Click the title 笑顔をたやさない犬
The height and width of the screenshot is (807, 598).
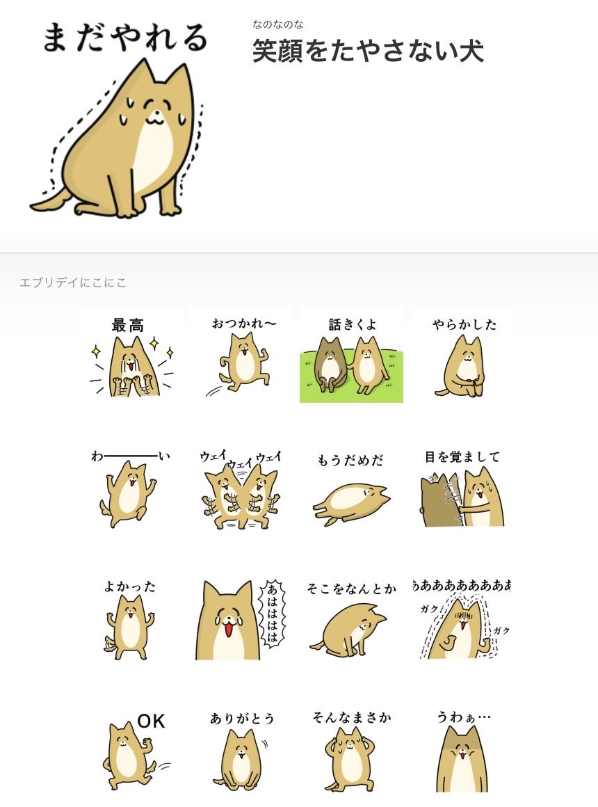[x=367, y=51]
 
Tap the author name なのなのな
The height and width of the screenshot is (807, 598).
[x=277, y=25]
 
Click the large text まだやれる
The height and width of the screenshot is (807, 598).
[x=124, y=38]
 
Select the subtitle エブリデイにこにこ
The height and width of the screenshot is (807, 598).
[x=73, y=282]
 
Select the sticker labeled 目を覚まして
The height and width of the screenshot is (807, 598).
[x=462, y=490]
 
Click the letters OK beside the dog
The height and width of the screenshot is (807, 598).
[x=151, y=722]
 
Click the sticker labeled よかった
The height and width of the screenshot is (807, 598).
[x=130, y=623]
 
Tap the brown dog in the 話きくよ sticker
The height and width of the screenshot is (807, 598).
[x=329, y=362]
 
